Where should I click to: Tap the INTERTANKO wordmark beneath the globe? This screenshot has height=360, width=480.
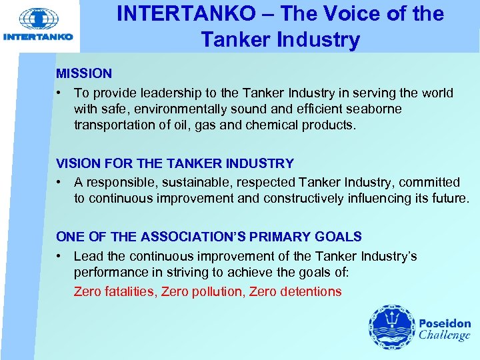tap(38, 37)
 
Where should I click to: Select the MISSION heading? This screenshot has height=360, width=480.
tap(84, 73)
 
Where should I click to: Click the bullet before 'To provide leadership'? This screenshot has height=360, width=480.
tap(60, 93)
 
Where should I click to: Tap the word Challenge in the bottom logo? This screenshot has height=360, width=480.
tap(445, 335)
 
